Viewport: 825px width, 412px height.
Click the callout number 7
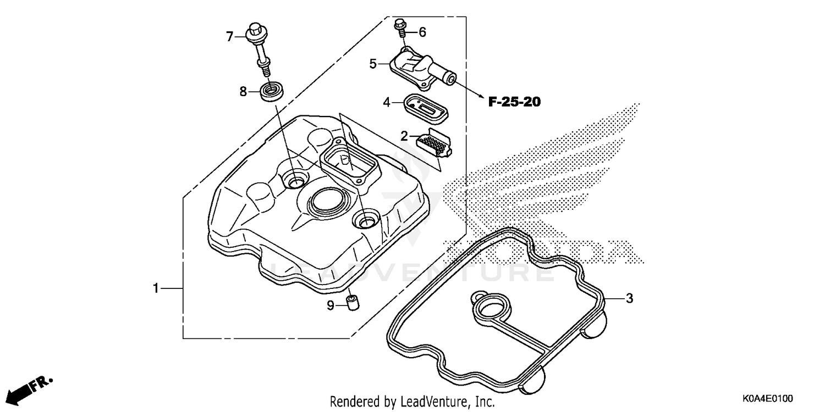click(230, 37)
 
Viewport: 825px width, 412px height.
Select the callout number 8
click(243, 92)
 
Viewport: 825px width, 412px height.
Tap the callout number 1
click(156, 288)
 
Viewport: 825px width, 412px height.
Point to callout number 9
click(331, 305)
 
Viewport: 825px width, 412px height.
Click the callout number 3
click(629, 299)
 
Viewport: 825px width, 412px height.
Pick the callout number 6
click(422, 32)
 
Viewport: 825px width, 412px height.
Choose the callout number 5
click(373, 64)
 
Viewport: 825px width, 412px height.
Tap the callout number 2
click(404, 136)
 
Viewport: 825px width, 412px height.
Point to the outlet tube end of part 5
click(450, 79)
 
